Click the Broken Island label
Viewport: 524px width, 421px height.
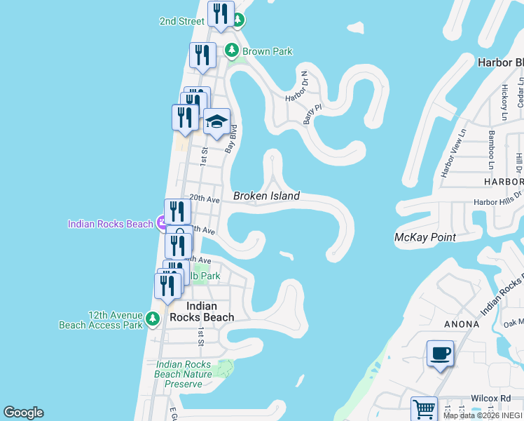click(266, 196)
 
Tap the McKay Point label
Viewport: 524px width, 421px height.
click(425, 237)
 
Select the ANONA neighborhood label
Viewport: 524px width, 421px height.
click(462, 324)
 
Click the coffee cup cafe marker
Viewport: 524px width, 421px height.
click(440, 354)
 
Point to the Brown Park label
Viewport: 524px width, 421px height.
click(267, 51)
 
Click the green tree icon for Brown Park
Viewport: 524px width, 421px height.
click(232, 51)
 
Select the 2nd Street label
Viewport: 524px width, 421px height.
click(181, 21)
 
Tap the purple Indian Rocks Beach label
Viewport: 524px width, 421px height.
click(110, 224)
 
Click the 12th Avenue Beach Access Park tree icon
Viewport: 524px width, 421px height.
click(153, 320)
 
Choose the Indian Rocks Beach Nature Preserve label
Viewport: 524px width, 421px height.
click(184, 374)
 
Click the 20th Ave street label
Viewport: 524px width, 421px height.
click(204, 199)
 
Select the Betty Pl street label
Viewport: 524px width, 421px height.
click(312, 114)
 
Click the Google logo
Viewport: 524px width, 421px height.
click(23, 413)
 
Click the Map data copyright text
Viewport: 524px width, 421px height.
click(483, 415)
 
